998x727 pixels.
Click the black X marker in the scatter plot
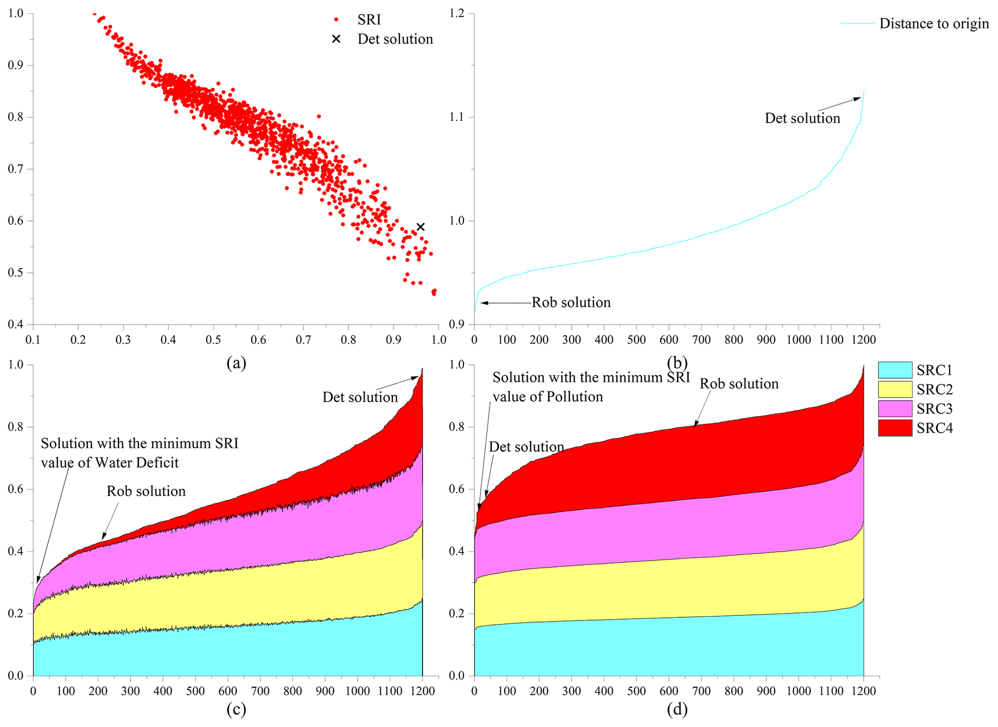421,227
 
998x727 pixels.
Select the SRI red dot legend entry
337,20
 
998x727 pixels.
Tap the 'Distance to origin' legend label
934,23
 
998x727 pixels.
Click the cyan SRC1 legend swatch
895,370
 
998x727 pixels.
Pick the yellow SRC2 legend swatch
895,389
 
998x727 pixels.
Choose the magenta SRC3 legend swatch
895,409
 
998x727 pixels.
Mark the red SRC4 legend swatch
895,428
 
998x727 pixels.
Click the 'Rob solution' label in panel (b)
571,302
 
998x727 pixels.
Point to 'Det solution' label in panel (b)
802,118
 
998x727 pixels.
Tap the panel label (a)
237,363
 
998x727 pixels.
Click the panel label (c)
237,709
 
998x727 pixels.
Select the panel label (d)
677,709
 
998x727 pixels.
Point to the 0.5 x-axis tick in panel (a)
213,340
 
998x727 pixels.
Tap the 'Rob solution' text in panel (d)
739,384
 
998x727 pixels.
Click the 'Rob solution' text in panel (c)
146,491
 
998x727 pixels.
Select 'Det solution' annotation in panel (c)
360,397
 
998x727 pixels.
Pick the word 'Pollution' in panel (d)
575,397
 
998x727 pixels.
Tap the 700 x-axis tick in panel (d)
702,691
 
